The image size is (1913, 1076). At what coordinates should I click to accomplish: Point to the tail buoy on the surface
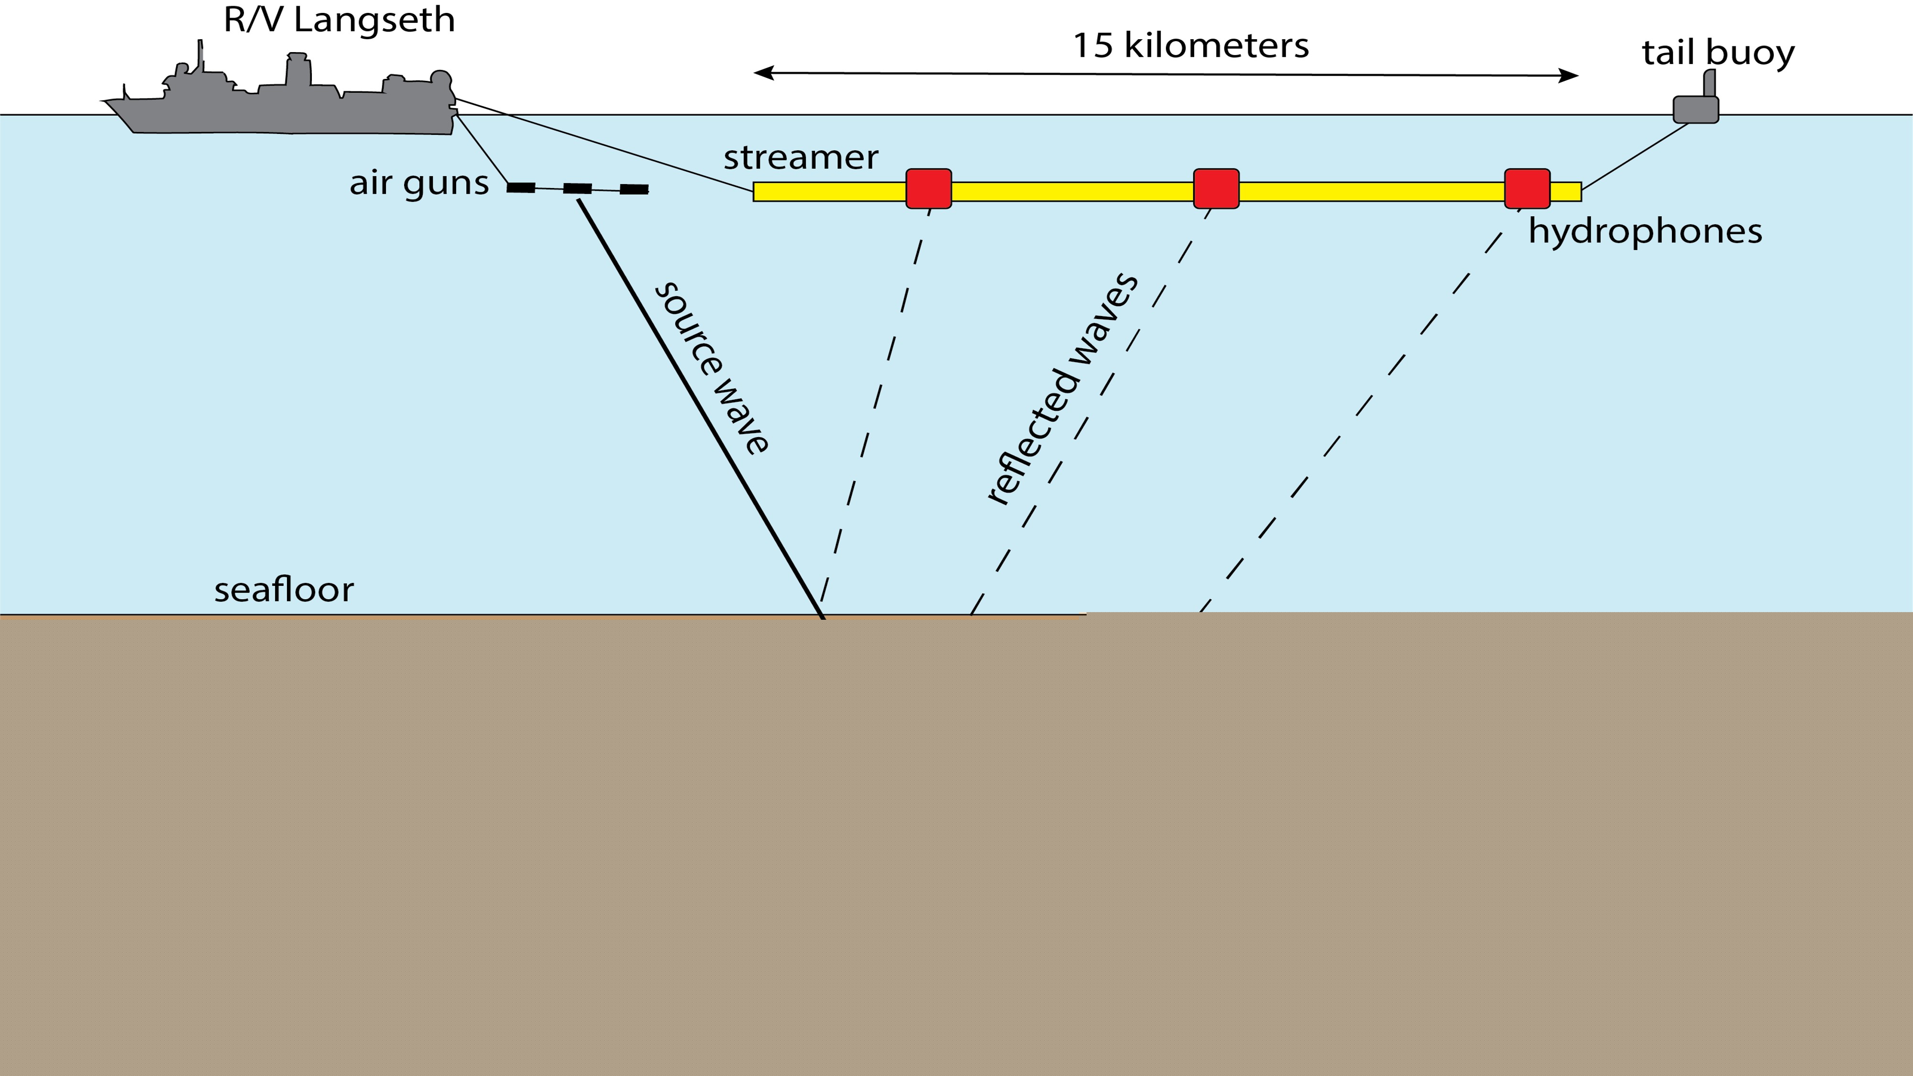coord(1695,108)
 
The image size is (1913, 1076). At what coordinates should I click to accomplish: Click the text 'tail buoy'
coord(1718,53)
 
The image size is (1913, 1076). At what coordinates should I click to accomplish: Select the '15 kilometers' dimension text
coord(1190,45)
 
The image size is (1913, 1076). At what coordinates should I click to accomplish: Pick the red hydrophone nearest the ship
coord(928,188)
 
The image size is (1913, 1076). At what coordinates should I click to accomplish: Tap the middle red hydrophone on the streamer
coord(1216,188)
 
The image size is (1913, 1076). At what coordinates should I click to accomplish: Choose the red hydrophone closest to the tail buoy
coord(1527,188)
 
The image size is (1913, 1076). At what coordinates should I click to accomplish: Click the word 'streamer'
coord(801,157)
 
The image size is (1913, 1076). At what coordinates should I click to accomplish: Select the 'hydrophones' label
coord(1645,231)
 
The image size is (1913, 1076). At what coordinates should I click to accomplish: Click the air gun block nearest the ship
coord(521,188)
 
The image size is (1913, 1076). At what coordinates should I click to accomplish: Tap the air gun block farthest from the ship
coord(634,189)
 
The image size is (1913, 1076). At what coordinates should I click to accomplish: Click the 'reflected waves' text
coord(1062,390)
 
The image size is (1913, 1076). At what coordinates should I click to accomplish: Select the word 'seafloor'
coord(284,590)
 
